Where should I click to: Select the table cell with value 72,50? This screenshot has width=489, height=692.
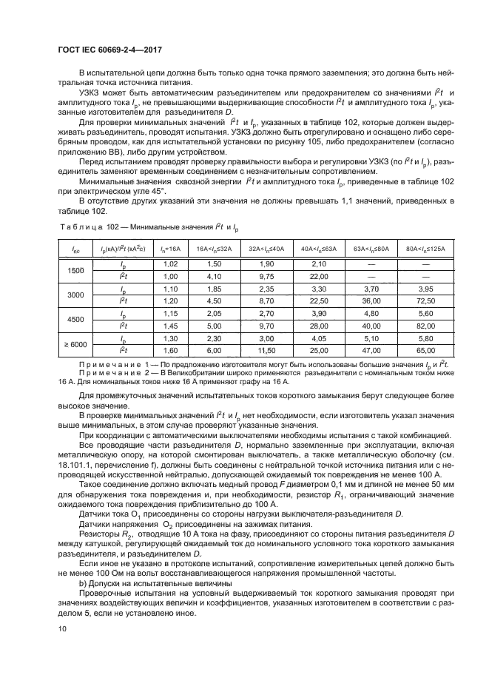click(x=425, y=301)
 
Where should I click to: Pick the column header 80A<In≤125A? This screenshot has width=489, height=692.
click(x=425, y=248)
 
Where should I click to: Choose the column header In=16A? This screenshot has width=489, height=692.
click(x=170, y=248)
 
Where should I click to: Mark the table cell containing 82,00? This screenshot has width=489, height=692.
click(x=425, y=326)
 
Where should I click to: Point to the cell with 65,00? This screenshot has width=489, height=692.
click(x=425, y=350)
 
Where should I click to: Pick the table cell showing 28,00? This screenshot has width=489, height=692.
click(x=319, y=326)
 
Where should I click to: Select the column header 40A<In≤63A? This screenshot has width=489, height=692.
click(x=319, y=248)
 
